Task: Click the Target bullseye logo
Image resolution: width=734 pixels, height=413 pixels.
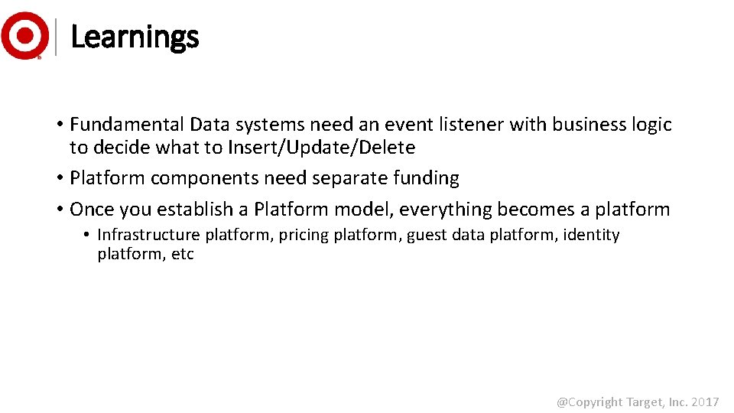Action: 24,35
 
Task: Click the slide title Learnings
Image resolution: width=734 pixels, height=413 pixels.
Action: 134,37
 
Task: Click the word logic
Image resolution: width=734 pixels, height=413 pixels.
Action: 651,125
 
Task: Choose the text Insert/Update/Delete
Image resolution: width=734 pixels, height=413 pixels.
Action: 320,148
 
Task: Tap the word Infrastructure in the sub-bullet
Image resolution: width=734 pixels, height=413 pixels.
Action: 148,235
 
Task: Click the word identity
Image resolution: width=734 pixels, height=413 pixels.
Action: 591,235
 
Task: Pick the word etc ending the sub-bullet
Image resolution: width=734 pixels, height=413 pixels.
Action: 183,255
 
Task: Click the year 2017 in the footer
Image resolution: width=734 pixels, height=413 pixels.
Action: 706,402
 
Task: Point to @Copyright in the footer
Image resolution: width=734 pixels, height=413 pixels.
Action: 589,402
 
